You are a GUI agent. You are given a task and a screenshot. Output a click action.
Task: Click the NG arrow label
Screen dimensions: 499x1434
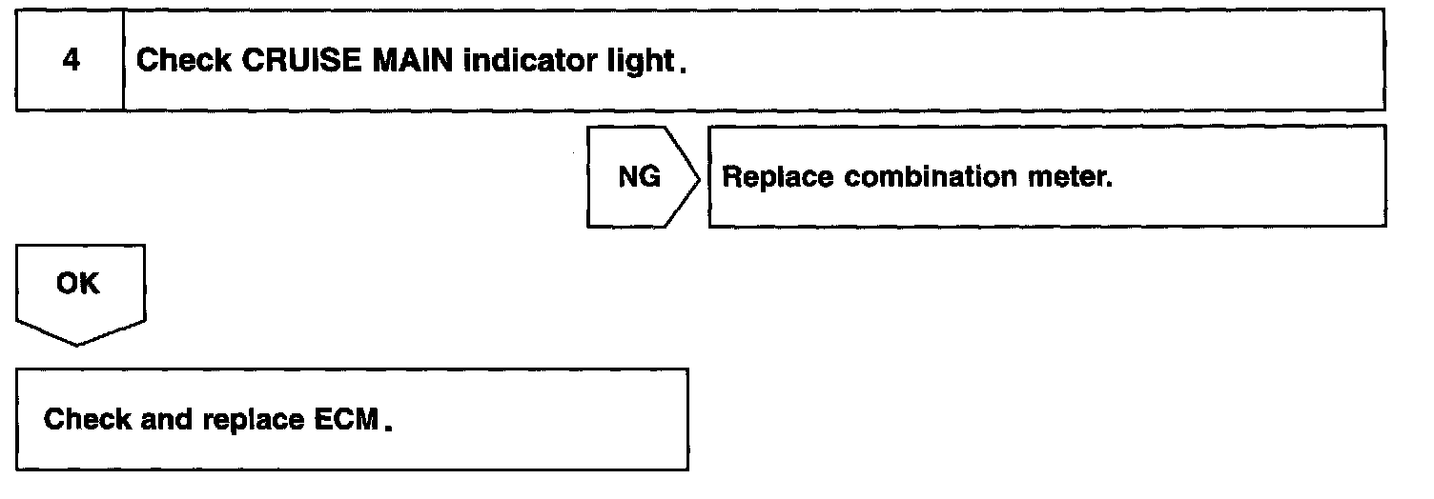tap(639, 178)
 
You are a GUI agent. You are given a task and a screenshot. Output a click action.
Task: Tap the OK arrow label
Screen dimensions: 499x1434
tap(78, 285)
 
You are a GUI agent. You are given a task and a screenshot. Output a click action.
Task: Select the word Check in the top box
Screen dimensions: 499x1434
tap(181, 62)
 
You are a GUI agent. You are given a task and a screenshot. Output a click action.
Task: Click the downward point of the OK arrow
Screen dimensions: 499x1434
tap(80, 343)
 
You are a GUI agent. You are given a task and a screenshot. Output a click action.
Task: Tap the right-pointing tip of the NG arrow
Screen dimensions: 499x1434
tap(701, 177)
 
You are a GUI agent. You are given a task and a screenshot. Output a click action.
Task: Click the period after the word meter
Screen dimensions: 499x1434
tap(1110, 185)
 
